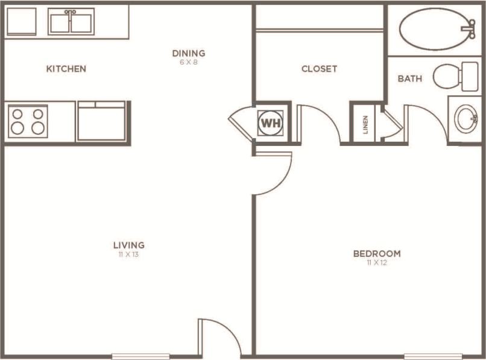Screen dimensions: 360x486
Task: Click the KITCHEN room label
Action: (x=66, y=69)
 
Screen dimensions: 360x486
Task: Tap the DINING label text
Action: (x=189, y=53)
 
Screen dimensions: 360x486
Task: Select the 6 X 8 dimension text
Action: (x=189, y=62)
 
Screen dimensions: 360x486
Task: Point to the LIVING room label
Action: (x=129, y=245)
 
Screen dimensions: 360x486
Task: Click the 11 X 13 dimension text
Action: (x=129, y=254)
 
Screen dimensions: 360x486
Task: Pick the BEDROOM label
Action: (x=377, y=253)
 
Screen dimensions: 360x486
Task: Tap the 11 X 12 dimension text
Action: (x=377, y=263)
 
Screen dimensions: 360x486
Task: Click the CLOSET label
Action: (x=320, y=69)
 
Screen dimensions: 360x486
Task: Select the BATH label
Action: (x=410, y=78)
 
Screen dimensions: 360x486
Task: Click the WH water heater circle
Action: (x=270, y=123)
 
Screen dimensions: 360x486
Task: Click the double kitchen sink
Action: (x=71, y=22)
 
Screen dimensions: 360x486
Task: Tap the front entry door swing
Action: (x=218, y=336)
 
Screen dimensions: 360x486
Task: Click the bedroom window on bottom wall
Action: (x=433, y=356)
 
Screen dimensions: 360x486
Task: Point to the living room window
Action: (x=140, y=356)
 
